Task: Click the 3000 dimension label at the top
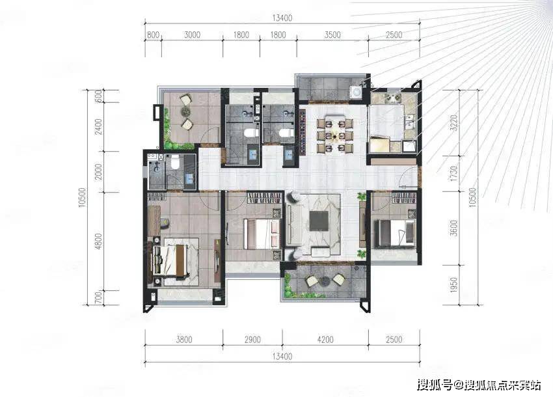point(192,34)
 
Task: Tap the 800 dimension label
point(153,34)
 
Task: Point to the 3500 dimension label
point(332,34)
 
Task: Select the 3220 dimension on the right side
point(454,122)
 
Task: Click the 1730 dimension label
point(454,174)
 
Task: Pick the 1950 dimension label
point(454,285)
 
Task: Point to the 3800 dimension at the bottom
point(184,340)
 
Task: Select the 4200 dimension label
point(325,340)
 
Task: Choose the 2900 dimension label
point(252,340)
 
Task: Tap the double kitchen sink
point(409,120)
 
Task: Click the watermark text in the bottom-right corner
point(479,385)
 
